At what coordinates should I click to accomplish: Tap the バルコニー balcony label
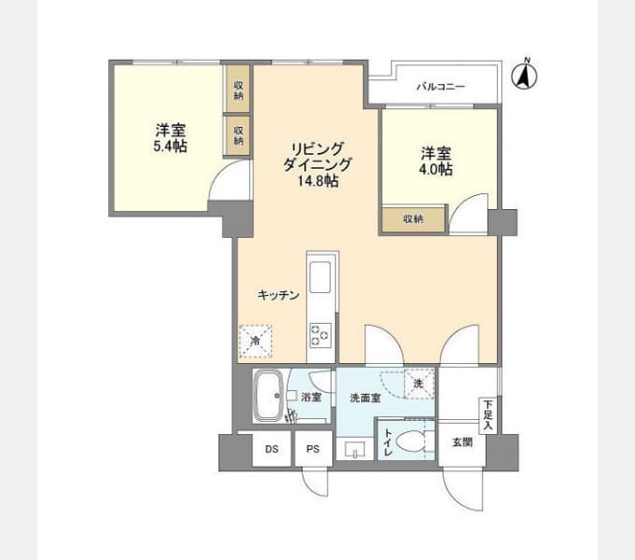point(441,87)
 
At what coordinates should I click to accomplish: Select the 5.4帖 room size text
point(171,147)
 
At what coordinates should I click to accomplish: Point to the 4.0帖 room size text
point(436,169)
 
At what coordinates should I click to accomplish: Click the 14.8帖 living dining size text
point(318,181)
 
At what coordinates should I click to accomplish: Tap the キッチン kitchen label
point(278,295)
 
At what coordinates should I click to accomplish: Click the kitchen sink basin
point(320,277)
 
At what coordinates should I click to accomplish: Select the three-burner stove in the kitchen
point(320,335)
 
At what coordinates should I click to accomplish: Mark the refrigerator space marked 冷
point(255,341)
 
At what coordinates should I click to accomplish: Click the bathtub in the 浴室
point(268,396)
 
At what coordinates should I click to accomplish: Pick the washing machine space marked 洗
point(419,384)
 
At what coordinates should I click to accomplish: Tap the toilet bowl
point(412,441)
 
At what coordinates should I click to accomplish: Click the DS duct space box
point(272,449)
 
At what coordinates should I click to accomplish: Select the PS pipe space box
point(313,449)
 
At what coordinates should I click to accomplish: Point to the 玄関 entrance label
point(462,442)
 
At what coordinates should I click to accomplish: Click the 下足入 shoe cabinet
point(488,415)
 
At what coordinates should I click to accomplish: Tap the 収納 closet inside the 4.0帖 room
point(414,219)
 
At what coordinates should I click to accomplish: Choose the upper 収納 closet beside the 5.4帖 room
point(238,89)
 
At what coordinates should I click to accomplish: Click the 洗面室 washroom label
point(365,399)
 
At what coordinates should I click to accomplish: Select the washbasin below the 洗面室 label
point(355,449)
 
